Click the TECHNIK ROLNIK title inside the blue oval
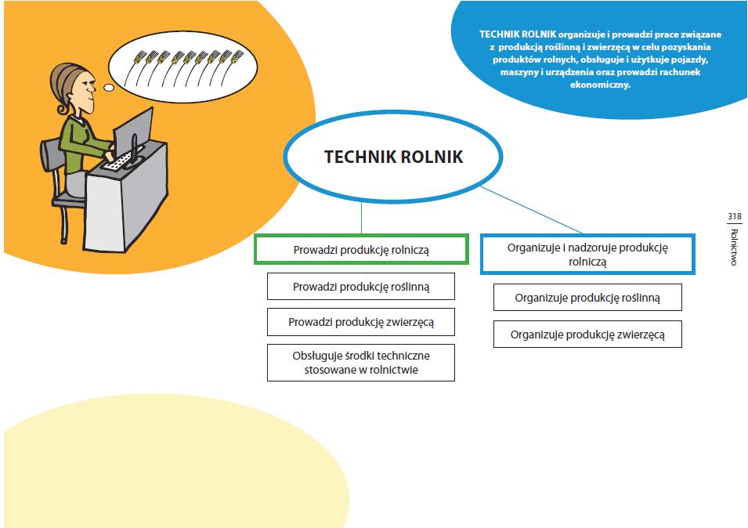pos(393,157)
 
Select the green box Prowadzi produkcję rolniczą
pos(361,250)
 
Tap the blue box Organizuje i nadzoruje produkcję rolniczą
pos(587,254)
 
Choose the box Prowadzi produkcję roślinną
pos(361,287)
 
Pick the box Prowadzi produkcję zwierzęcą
pos(361,322)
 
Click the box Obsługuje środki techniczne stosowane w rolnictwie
pos(361,363)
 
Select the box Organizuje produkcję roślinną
pos(587,298)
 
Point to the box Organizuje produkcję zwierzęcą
pos(587,335)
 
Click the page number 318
pos(734,217)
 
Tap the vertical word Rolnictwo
pos(734,247)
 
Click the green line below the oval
pos(361,212)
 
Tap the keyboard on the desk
pos(119,163)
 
